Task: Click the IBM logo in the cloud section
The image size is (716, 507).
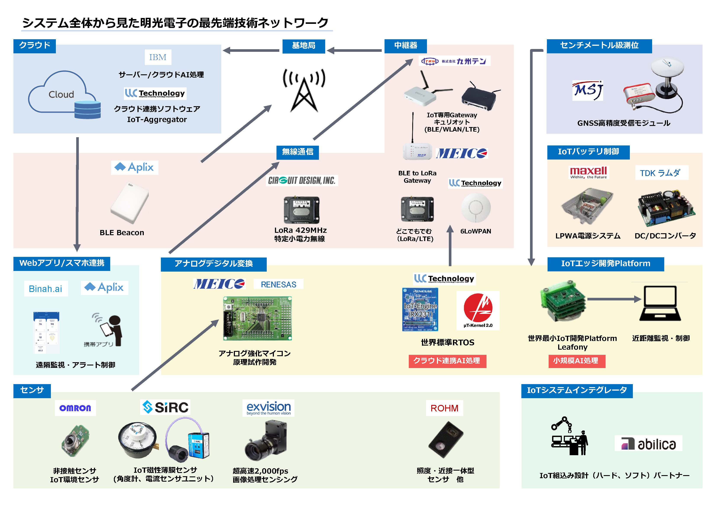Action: coord(158,57)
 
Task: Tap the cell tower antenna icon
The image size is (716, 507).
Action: coord(304,91)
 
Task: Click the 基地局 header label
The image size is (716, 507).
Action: coord(303,46)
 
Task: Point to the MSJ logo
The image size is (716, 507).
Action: coord(588,91)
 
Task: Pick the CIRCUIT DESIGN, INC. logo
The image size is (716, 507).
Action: coord(302,180)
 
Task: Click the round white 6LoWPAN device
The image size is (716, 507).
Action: coord(476,208)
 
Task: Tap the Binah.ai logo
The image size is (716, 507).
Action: coord(45,289)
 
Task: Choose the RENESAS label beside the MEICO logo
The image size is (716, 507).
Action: coord(278,284)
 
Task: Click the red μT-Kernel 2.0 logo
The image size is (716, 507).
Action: coord(478,310)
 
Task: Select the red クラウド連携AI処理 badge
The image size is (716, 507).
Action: coord(447,361)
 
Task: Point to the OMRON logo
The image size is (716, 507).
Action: coord(75,408)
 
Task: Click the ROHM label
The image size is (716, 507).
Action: coord(444,408)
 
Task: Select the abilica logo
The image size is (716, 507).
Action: coord(648,443)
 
